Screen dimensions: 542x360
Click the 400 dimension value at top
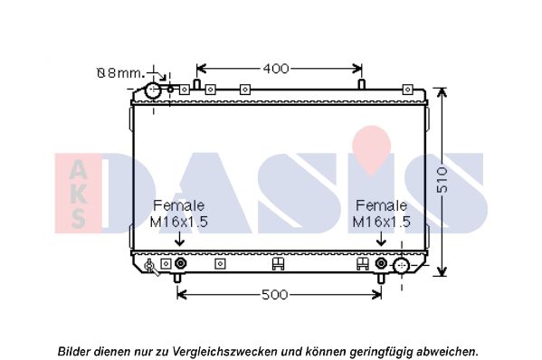pyautogui.click(x=275, y=69)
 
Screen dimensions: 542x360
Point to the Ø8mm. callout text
pyautogui.click(x=119, y=73)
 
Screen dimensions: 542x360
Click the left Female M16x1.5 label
pyautogui.click(x=179, y=213)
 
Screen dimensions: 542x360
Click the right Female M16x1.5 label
pyautogui.click(x=381, y=213)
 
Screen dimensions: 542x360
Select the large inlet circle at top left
pyautogui.click(x=153, y=90)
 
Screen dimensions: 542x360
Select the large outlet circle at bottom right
pyautogui.click(x=402, y=266)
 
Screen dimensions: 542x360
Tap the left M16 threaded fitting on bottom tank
pyautogui.click(x=180, y=263)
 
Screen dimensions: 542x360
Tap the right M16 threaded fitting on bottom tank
pyautogui.click(x=381, y=263)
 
